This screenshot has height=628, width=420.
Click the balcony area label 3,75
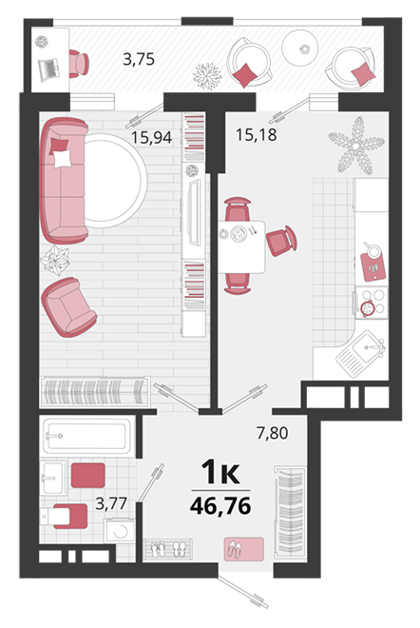139,59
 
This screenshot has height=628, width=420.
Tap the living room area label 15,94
152,138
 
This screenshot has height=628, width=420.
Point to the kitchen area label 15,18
256,134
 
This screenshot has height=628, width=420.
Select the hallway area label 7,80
273,433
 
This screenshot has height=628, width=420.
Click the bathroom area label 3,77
111,503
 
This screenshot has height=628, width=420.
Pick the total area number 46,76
220,505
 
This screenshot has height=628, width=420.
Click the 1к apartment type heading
220,472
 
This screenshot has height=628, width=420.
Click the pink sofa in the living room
64,180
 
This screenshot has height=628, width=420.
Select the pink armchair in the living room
68,306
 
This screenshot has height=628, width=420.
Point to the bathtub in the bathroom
87,436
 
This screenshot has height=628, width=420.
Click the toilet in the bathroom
64,516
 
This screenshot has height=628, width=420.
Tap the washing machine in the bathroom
119,531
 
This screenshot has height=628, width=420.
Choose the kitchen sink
361,354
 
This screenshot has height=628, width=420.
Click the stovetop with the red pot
372,303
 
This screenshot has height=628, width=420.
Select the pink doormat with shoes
244,549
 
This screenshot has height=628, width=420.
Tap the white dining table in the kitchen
241,246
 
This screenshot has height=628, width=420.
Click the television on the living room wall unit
195,212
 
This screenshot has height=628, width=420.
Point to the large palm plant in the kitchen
356,146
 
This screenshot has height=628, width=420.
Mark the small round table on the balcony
299,48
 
